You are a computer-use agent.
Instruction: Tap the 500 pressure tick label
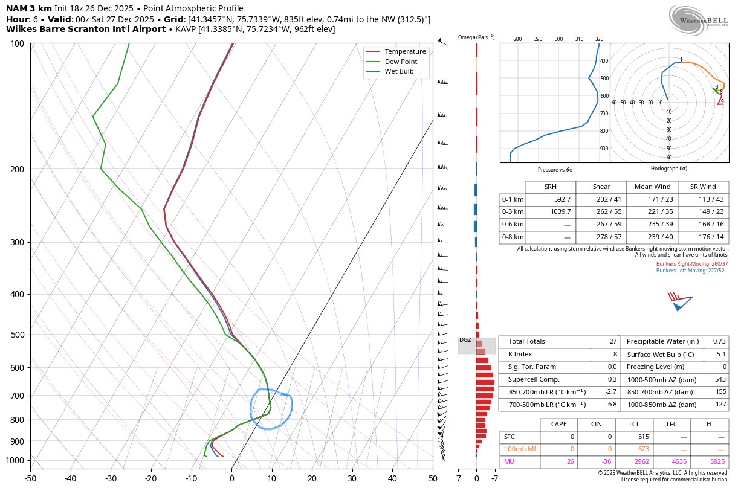[18, 335]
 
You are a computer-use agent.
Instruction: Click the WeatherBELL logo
[698, 21]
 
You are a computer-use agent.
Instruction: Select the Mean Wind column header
[652, 187]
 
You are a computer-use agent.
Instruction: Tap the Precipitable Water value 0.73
[719, 341]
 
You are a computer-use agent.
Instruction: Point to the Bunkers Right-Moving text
[692, 264]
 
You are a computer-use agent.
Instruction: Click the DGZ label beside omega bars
[465, 340]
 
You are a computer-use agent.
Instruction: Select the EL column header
[710, 424]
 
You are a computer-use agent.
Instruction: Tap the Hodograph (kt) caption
[668, 169]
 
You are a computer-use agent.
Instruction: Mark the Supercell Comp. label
[534, 379]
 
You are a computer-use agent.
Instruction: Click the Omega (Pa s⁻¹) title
[476, 37]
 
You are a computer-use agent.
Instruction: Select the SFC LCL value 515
[642, 436]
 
